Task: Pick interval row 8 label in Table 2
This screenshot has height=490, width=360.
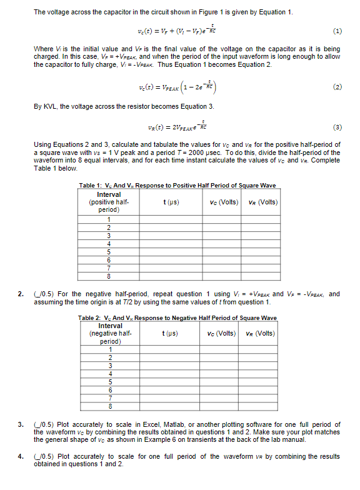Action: click(111, 404)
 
